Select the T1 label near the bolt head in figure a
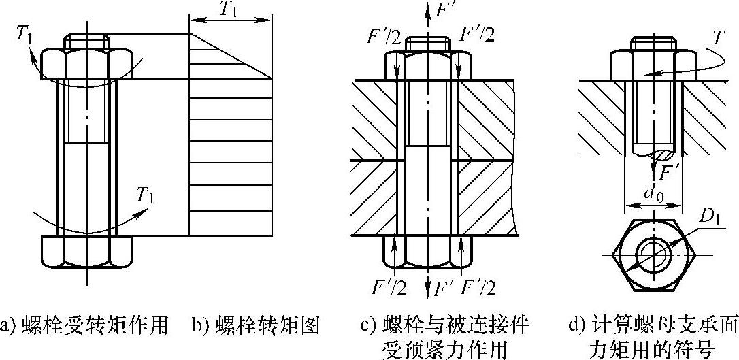[x=146, y=197]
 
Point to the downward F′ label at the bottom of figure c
[x=443, y=288]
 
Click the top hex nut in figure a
[x=86, y=63]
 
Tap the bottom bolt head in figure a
[x=86, y=251]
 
